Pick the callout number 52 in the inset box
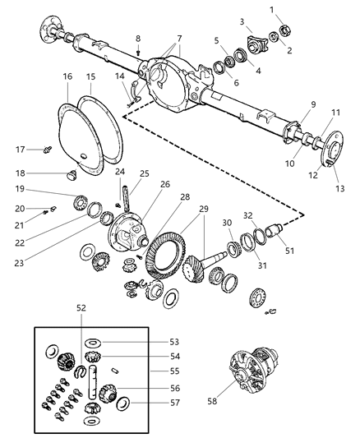[x=81, y=308]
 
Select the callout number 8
[x=138, y=39]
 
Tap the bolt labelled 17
[x=50, y=150]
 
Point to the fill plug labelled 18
[x=70, y=173]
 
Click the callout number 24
[x=120, y=172]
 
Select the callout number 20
[x=21, y=208]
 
